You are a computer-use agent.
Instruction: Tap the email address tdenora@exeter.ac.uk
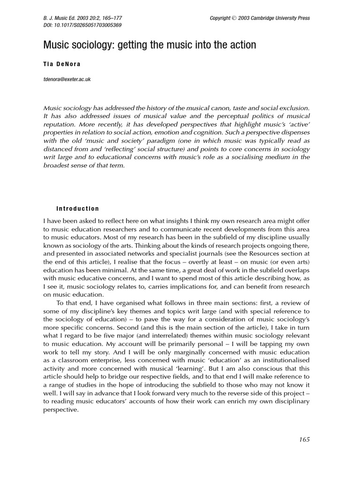[67, 79]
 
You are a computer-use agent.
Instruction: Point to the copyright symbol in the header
[234, 18]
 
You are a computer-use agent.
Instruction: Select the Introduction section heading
[77, 209]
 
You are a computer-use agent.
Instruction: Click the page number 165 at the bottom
[304, 439]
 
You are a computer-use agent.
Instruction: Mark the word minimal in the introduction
[114, 270]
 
